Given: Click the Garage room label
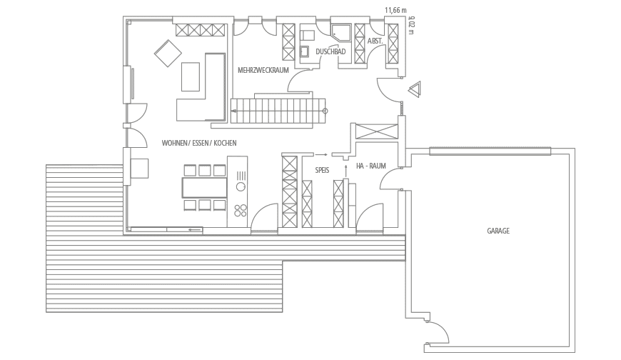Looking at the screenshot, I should tap(498, 231).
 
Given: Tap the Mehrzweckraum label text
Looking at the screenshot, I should tap(262, 70).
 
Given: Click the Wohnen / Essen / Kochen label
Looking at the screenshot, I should tap(199, 143).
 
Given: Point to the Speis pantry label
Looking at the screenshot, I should tap(322, 169).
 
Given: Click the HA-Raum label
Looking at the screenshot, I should tap(371, 166).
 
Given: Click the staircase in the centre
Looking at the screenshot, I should tap(278, 110).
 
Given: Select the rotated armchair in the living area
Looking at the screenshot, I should tap(167, 53).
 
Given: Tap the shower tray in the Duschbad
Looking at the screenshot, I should tap(339, 34).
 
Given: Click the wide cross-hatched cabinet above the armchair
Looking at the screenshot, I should tap(201, 29).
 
